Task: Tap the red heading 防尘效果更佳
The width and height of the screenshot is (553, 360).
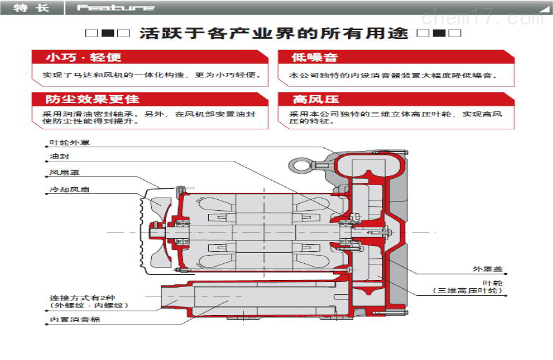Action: tap(92, 99)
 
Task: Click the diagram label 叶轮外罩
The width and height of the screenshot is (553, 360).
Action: tap(70, 143)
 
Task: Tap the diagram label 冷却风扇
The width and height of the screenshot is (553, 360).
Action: tap(70, 190)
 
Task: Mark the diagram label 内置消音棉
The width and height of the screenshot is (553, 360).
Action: tap(75, 320)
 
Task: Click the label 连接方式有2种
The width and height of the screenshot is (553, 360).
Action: tap(83, 298)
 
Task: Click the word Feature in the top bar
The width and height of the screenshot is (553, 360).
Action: tap(115, 8)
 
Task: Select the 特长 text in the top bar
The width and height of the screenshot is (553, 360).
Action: tap(31, 8)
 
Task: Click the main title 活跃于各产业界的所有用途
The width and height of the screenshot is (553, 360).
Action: tap(274, 33)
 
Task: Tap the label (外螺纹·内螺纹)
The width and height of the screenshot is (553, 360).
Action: tap(89, 306)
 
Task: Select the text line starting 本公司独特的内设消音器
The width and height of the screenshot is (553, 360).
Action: tap(393, 75)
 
